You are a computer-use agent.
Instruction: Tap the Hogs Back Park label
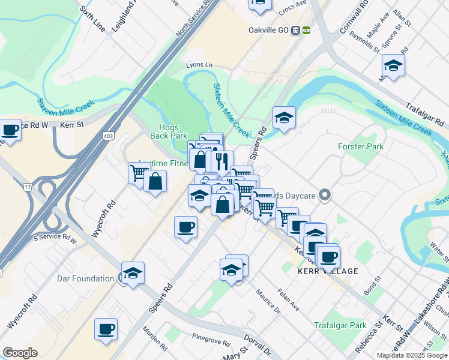[x=173, y=131]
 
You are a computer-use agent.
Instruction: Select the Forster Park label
[x=360, y=146]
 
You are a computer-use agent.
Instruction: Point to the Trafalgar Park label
[x=340, y=325]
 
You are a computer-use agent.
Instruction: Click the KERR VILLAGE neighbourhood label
[x=328, y=271]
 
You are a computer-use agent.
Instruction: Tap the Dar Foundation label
[x=85, y=278]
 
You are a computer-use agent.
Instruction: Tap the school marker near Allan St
[x=393, y=65]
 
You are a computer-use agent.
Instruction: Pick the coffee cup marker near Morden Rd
[x=106, y=329]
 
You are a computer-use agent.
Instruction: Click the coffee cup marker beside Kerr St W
[x=10, y=130]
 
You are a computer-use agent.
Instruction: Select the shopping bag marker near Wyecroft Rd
[x=155, y=181]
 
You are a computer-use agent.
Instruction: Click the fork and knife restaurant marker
[x=219, y=161]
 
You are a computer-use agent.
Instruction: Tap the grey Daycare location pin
[x=325, y=194]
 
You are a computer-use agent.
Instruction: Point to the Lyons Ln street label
[x=199, y=64]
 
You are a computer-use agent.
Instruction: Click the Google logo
[x=20, y=353]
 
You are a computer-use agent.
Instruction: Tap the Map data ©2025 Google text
[x=412, y=355]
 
